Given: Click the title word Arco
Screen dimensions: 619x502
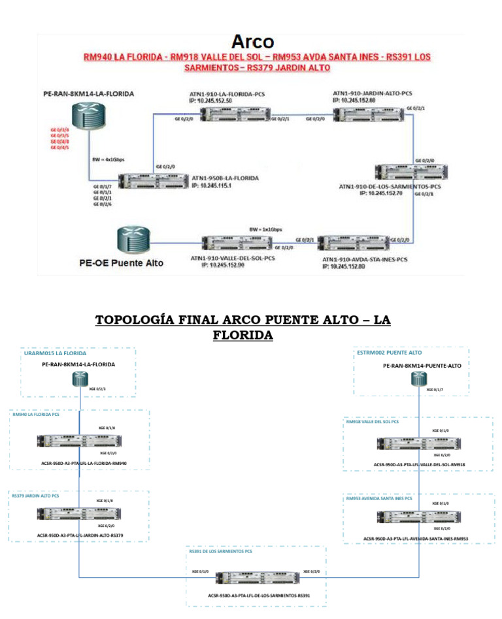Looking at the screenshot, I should click(x=253, y=42).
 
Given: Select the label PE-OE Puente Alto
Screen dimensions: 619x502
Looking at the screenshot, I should click(x=121, y=263).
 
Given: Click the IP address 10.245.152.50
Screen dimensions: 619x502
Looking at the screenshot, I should click(x=214, y=101).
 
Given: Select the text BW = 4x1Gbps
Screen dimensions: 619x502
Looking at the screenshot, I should click(x=107, y=159).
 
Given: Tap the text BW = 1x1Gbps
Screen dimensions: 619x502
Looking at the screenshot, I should click(x=266, y=230).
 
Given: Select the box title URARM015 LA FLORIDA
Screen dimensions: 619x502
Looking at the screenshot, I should click(x=55, y=353).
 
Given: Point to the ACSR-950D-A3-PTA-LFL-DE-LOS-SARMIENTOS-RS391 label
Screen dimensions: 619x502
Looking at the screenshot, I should click(x=259, y=595).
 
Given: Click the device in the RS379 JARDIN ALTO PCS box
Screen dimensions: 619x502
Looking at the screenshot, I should click(x=79, y=513).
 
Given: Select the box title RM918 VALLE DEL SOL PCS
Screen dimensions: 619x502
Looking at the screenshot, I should click(x=372, y=421).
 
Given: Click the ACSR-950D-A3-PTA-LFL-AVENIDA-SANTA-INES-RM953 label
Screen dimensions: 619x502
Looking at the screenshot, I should click(x=416, y=539).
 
